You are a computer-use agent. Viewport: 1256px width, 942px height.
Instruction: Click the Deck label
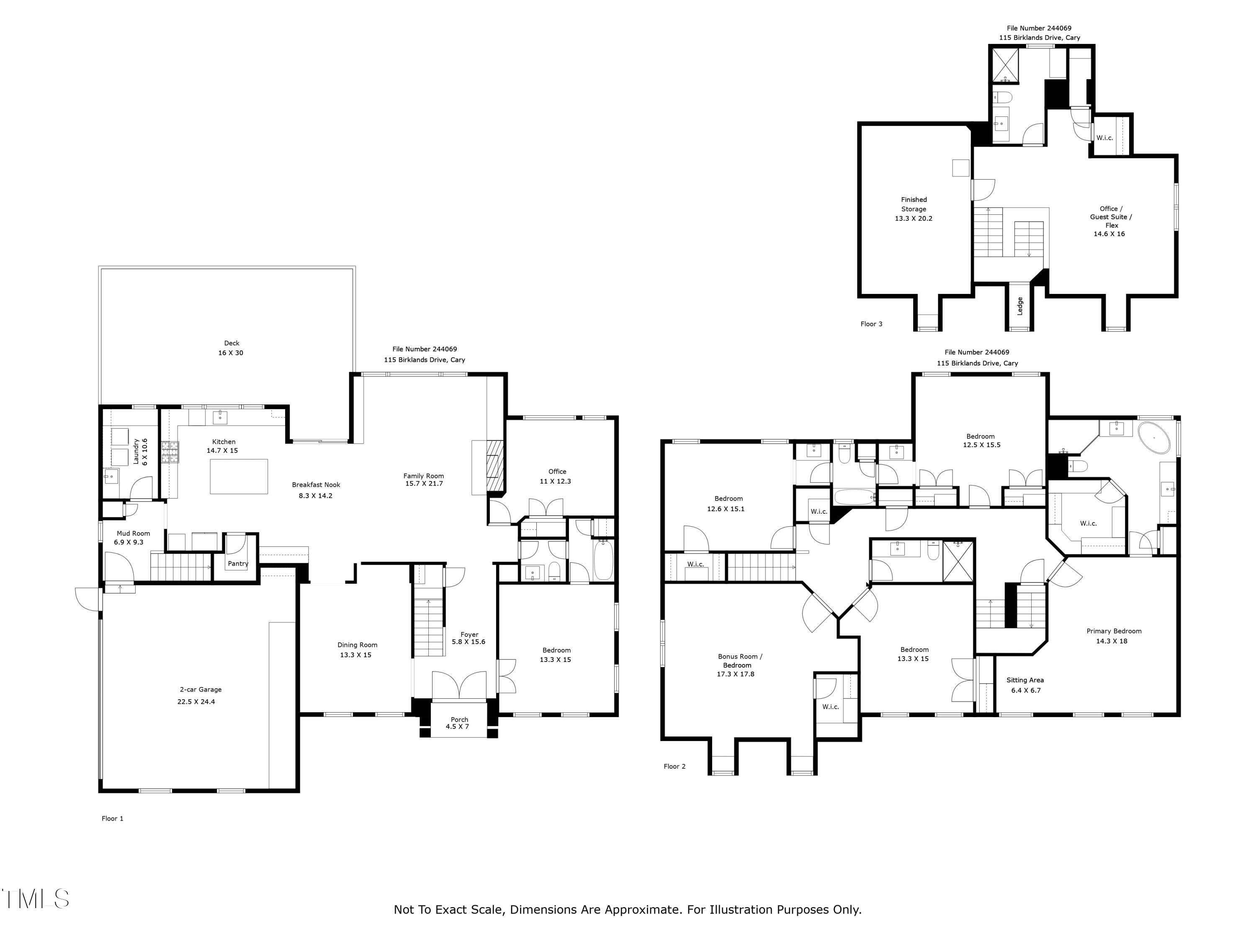(x=232, y=343)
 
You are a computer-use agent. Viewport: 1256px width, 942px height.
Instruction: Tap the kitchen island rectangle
(x=239, y=476)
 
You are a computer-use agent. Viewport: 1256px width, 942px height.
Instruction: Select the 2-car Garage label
(x=201, y=689)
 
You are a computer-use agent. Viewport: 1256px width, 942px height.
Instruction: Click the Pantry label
(x=238, y=563)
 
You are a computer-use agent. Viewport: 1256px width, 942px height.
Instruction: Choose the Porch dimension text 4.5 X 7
(x=457, y=726)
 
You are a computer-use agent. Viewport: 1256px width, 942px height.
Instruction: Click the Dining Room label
(x=357, y=644)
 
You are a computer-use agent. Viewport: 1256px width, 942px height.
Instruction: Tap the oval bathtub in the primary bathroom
(x=1154, y=437)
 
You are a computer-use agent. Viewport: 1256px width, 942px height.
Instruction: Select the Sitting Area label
(x=1025, y=679)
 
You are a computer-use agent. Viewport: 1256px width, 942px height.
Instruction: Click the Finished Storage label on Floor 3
(x=914, y=204)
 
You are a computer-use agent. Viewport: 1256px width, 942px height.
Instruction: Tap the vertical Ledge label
(x=1020, y=306)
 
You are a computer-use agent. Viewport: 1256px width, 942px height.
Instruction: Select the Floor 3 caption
(x=872, y=324)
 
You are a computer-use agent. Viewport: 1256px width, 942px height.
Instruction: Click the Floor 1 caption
(x=113, y=818)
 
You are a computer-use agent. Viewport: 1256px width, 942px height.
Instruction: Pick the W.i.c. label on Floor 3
(x=1104, y=137)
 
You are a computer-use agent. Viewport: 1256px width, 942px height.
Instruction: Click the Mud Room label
(x=134, y=533)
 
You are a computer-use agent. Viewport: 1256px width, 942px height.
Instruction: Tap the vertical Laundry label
(x=136, y=451)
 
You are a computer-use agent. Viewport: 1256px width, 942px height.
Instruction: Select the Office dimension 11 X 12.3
(x=555, y=481)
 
